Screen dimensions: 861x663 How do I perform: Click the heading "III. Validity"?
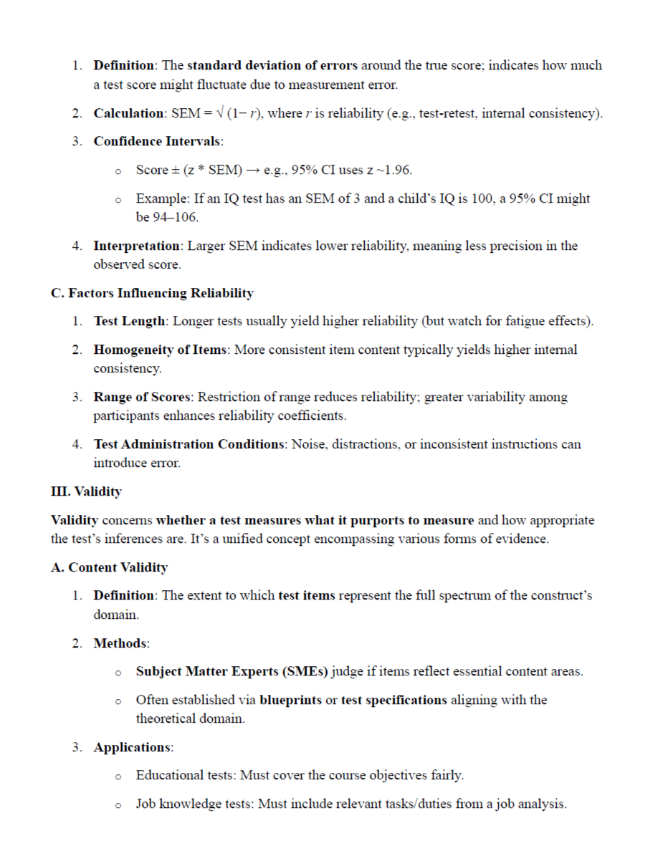[x=86, y=491]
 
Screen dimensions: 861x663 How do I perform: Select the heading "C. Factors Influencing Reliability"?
[x=152, y=293]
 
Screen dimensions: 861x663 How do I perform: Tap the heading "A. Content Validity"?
[x=109, y=567]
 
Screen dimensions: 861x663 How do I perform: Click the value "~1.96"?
[x=396, y=170]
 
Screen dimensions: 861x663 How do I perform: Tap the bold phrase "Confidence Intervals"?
[x=158, y=140]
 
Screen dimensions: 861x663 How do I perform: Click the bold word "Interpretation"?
[x=136, y=246]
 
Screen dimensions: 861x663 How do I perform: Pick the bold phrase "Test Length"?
[x=129, y=321]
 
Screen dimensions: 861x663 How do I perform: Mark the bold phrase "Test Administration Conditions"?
[x=189, y=444]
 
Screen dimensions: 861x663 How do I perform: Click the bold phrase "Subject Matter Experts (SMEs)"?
[x=232, y=671]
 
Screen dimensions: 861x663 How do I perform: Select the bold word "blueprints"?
[x=290, y=699]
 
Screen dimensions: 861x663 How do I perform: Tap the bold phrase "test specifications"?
[x=393, y=699]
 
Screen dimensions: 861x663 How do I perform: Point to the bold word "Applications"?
[x=132, y=747]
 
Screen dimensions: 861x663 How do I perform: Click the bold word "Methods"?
[x=120, y=643]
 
